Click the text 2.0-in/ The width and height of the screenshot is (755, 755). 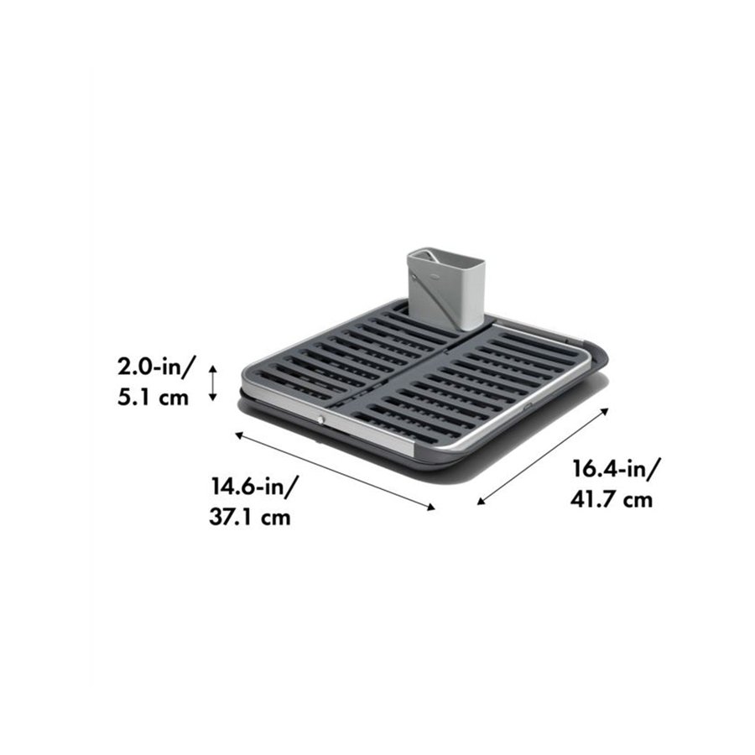[157, 366]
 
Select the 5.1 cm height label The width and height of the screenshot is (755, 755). [154, 397]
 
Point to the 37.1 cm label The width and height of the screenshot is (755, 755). [249, 518]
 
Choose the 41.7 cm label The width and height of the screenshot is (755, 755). [612, 500]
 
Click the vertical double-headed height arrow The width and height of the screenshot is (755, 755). [213, 382]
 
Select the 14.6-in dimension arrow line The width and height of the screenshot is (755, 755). [336, 471]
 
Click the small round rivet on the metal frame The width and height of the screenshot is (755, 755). [320, 417]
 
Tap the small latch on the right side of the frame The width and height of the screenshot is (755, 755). [527, 409]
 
